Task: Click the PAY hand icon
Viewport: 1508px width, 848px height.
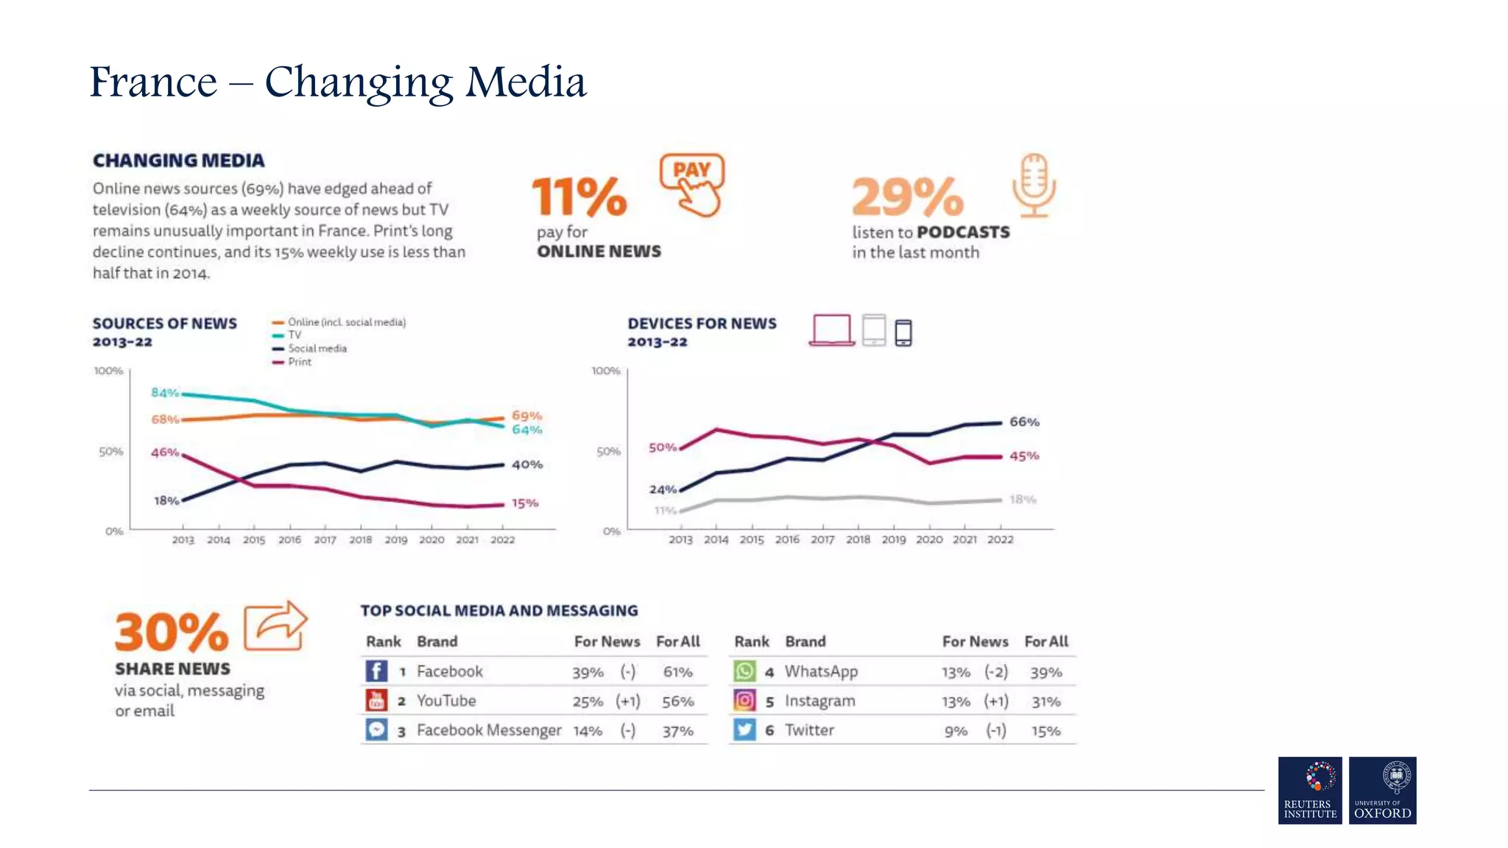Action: point(692,185)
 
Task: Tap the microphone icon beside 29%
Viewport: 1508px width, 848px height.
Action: point(1034,185)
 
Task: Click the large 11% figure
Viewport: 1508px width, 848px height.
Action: point(579,197)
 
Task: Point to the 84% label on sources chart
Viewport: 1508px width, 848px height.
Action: point(165,392)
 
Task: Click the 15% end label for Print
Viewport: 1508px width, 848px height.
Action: point(525,504)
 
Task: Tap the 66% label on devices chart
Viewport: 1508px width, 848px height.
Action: point(1024,422)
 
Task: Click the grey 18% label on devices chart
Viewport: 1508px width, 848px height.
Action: point(1023,499)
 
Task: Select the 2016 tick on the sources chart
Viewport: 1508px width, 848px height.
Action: point(289,540)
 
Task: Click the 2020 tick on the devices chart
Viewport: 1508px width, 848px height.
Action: point(929,540)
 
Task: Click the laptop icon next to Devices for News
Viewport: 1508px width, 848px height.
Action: point(831,330)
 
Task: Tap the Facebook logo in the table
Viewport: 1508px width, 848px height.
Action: point(376,671)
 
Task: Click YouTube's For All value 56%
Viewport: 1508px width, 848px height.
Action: point(677,702)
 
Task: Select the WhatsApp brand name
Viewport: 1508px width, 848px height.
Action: point(821,671)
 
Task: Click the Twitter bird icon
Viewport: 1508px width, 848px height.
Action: point(744,729)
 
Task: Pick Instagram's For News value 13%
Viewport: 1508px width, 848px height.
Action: point(956,702)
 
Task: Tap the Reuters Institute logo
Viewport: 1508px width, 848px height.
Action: point(1310,790)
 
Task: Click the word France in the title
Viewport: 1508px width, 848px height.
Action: point(153,82)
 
